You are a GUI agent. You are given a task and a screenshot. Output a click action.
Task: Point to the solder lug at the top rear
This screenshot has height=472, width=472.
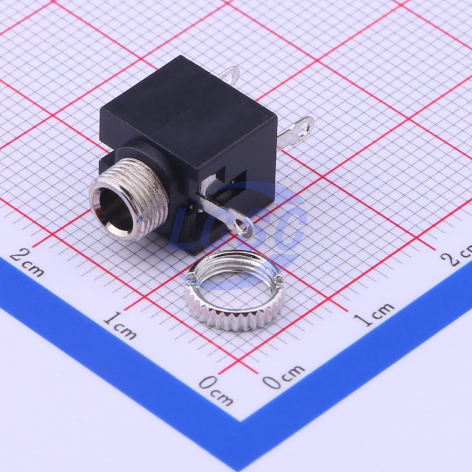click(x=230, y=74)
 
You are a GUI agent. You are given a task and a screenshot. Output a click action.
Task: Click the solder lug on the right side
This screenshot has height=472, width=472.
click(x=296, y=133)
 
